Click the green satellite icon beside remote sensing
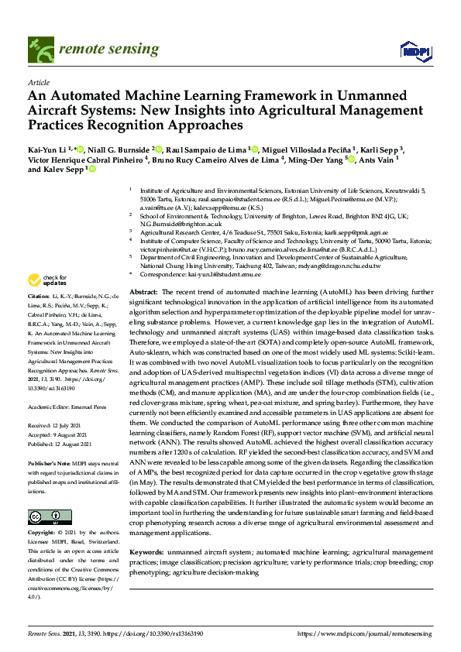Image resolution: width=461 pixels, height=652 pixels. tap(40, 48)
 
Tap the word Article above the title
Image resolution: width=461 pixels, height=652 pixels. tap(39, 81)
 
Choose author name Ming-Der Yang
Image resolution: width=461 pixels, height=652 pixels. tap(318, 161)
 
